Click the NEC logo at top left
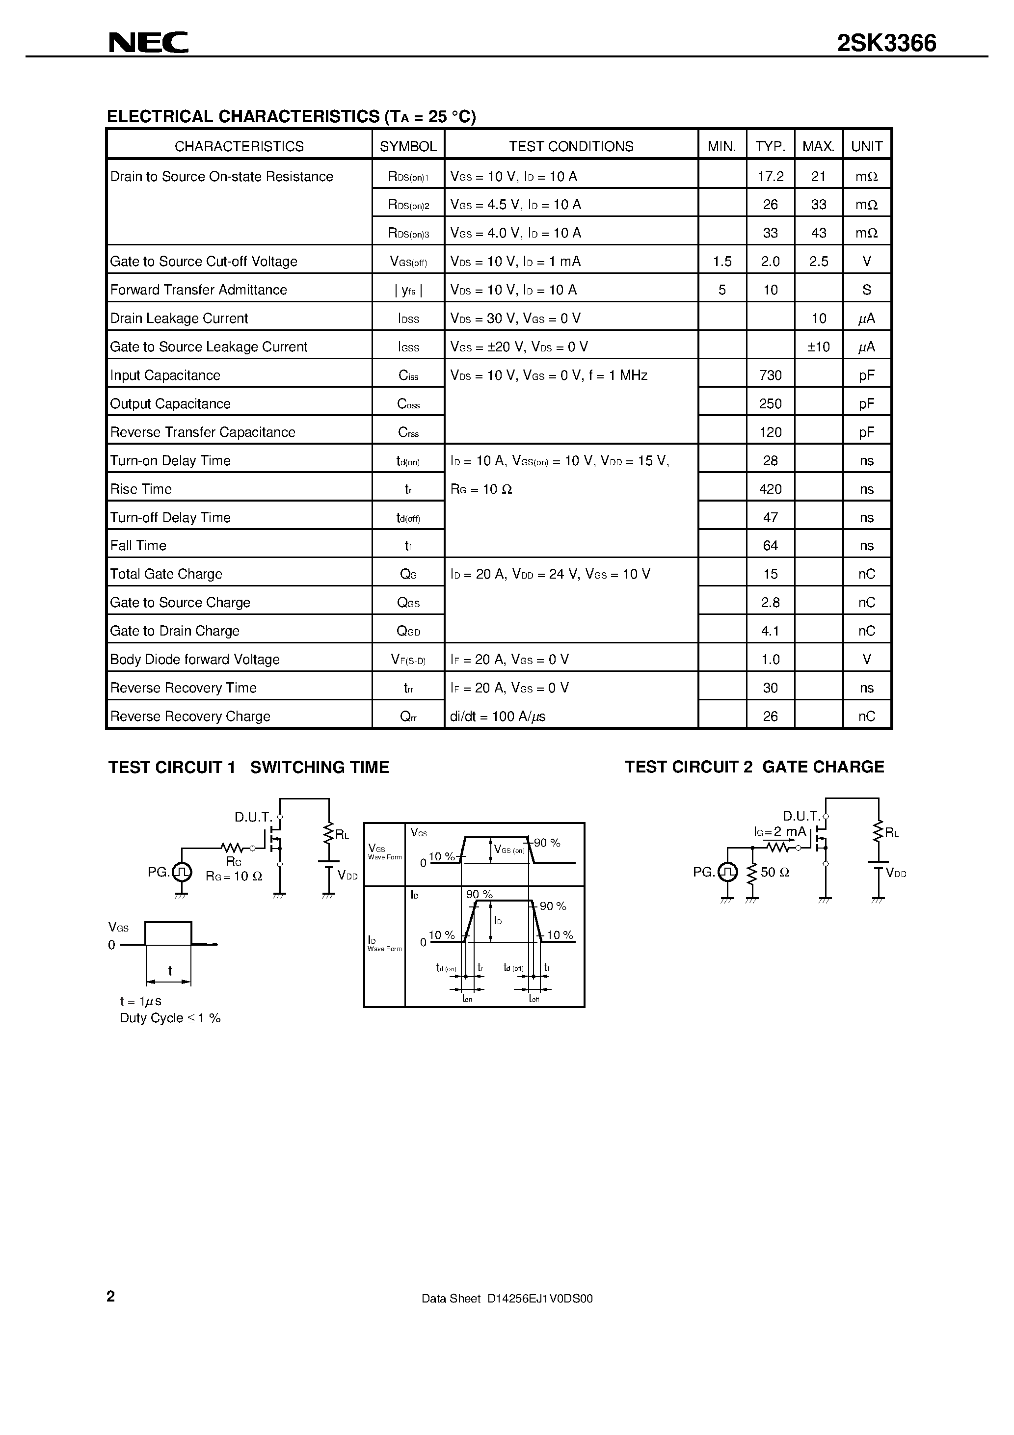tap(148, 43)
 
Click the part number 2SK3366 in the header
tap(886, 43)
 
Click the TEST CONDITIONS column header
tap(571, 146)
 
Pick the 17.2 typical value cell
tap(770, 177)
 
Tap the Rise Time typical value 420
tap(770, 489)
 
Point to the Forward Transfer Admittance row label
tap(198, 290)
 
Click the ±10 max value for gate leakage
tap(818, 347)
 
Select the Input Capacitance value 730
tap(770, 375)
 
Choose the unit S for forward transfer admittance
tap(866, 290)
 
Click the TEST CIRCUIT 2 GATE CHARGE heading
tap(754, 767)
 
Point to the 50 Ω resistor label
tap(774, 873)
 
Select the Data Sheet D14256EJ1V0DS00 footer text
tap(507, 1299)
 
